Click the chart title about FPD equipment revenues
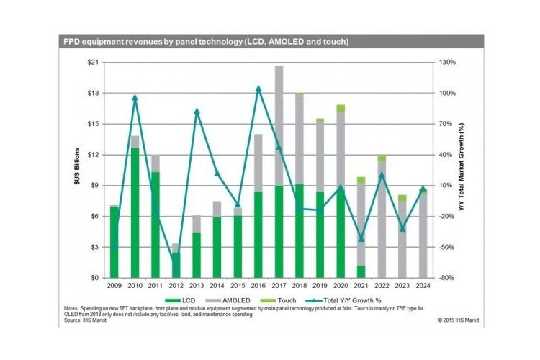click(x=206, y=42)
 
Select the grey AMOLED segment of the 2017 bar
click(x=279, y=126)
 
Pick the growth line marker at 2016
click(x=258, y=89)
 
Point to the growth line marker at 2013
click(x=197, y=112)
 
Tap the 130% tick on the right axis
click(x=447, y=63)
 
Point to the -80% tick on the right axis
click(x=447, y=278)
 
